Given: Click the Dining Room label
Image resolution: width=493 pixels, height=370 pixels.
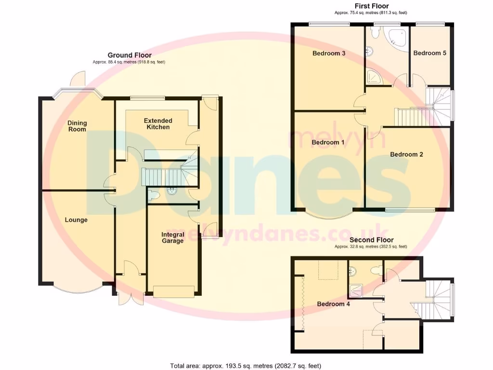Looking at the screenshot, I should [x=77, y=126].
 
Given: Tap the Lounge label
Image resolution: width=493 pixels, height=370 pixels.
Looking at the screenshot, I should [x=77, y=220].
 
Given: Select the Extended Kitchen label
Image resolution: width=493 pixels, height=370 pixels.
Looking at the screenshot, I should [x=158, y=124].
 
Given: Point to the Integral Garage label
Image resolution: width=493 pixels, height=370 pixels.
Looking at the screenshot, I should [x=172, y=238].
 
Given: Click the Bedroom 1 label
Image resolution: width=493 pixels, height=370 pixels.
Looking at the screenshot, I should [x=328, y=143].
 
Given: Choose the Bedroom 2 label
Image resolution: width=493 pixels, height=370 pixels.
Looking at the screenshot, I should [x=406, y=155].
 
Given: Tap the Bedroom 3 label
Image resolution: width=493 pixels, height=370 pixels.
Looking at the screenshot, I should [x=329, y=53].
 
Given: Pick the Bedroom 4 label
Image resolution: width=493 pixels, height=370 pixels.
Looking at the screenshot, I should [x=333, y=304].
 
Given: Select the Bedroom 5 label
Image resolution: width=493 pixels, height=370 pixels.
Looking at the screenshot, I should [x=429, y=53].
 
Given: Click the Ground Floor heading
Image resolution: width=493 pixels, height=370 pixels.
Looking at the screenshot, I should [x=130, y=55].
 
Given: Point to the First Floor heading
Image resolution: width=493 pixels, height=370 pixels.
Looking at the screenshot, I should [x=368, y=6].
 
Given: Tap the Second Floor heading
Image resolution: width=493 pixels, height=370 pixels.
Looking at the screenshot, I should [x=371, y=240].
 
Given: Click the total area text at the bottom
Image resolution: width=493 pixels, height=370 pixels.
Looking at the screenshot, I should [x=246, y=366].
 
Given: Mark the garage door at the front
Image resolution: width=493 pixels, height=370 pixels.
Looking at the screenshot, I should [x=174, y=291].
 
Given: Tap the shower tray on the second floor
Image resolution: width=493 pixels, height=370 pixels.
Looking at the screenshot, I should [x=357, y=290].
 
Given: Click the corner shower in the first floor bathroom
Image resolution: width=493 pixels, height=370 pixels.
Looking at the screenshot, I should [x=374, y=77].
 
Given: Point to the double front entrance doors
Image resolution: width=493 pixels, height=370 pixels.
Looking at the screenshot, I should [x=130, y=295].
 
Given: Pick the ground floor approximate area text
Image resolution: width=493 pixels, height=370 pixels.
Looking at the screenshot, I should [x=129, y=62].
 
